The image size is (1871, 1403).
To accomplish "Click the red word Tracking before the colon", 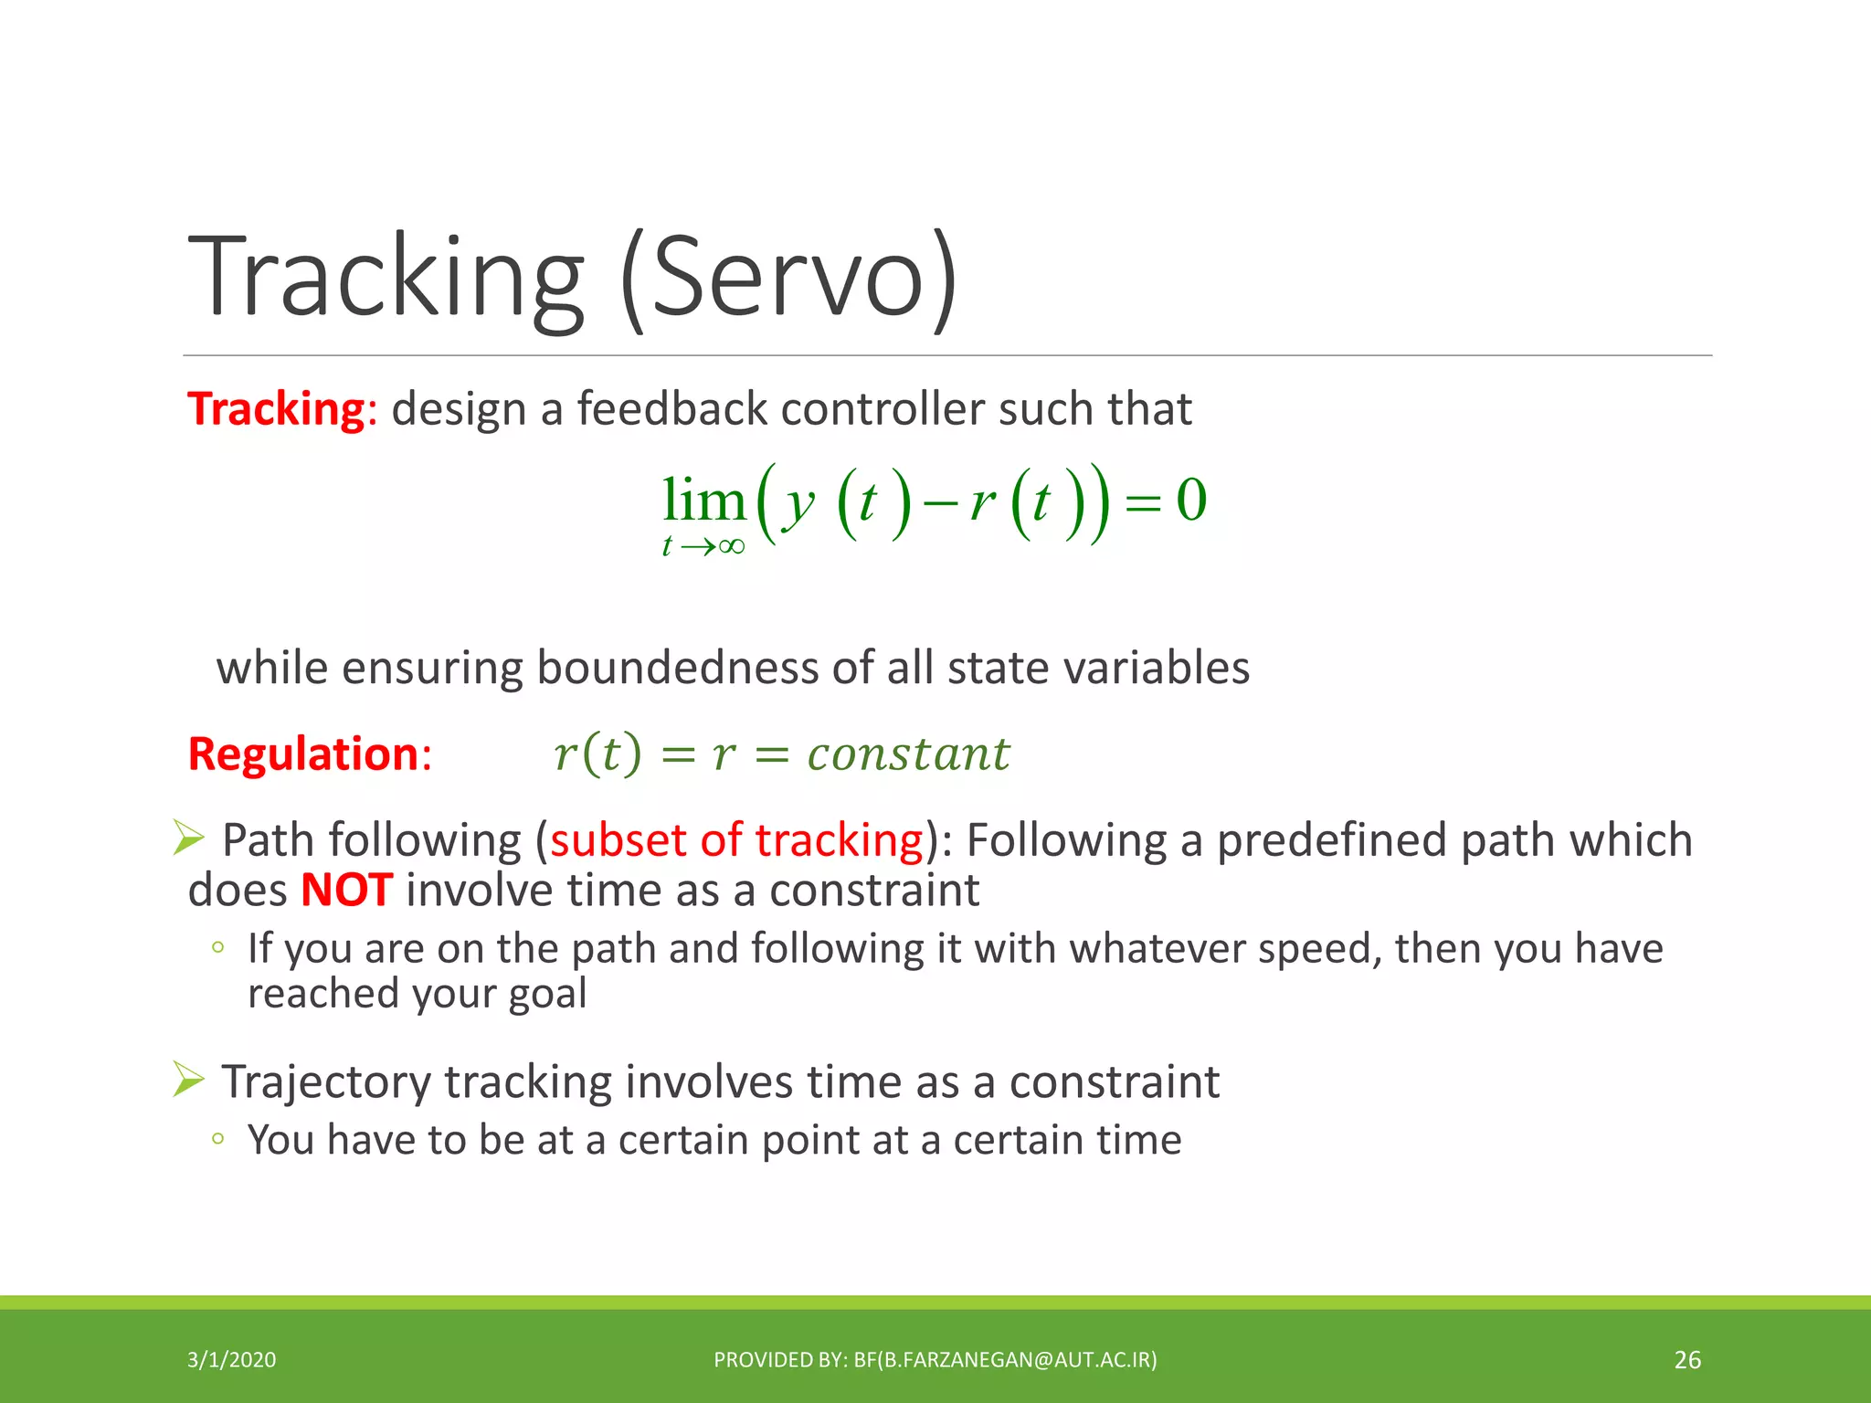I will (276, 408).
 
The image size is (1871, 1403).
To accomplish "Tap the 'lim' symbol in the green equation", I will (703, 501).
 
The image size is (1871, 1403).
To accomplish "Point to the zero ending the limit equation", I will (1191, 501).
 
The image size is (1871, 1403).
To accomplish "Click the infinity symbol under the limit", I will (732, 547).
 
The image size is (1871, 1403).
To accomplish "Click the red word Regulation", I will (302, 754).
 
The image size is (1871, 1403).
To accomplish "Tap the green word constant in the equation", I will (908, 754).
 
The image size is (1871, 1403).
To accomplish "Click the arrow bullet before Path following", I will (188, 838).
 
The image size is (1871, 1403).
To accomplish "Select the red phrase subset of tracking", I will (736, 839).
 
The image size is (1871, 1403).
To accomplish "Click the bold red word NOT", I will (346, 890).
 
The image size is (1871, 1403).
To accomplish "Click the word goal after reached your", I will (547, 993).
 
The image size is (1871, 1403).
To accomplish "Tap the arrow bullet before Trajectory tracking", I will (188, 1080).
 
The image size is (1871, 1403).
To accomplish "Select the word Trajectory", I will (326, 1082).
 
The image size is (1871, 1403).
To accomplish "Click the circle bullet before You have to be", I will (217, 1138).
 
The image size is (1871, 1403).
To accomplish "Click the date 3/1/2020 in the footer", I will (231, 1360).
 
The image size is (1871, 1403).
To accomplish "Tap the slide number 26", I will (1686, 1360).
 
